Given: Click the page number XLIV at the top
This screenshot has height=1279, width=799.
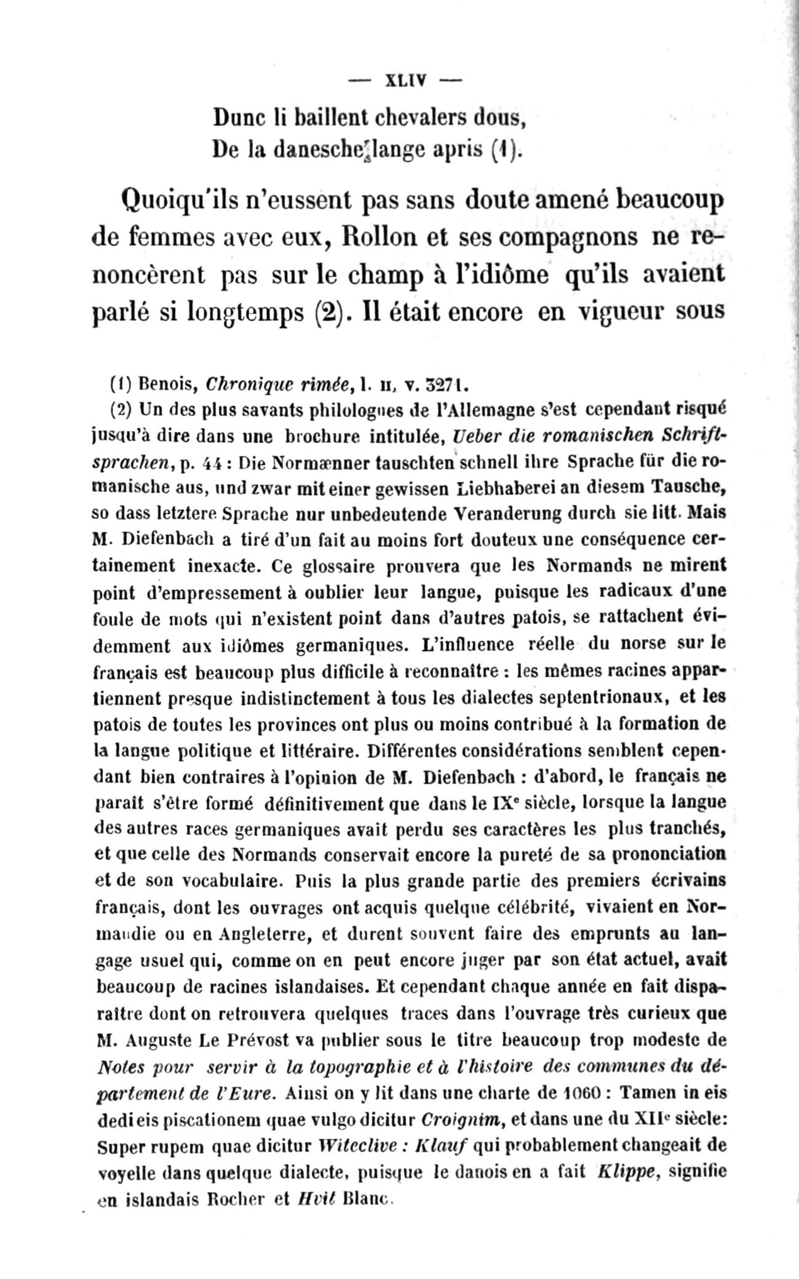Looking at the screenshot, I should tap(406, 81).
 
